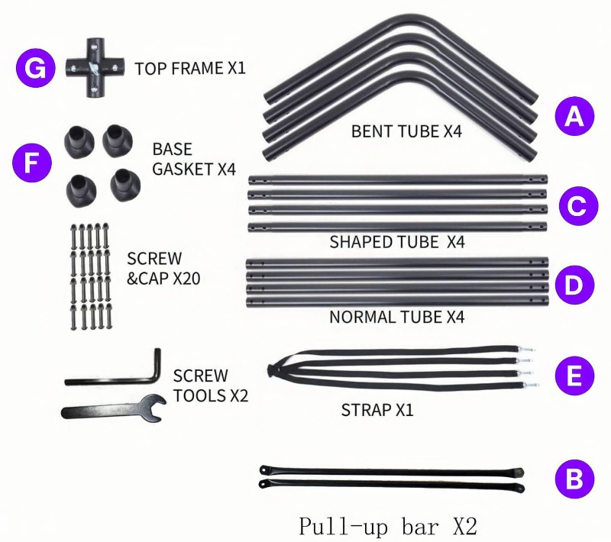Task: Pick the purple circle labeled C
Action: [574, 205]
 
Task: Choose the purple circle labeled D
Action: [574, 286]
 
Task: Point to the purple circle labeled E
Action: [574, 376]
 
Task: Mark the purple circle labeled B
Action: [574, 479]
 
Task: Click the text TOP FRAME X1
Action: [189, 69]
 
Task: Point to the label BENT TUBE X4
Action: [406, 131]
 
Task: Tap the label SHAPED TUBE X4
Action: [397, 243]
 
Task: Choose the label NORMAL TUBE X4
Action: [397, 316]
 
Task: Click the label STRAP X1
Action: [377, 410]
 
